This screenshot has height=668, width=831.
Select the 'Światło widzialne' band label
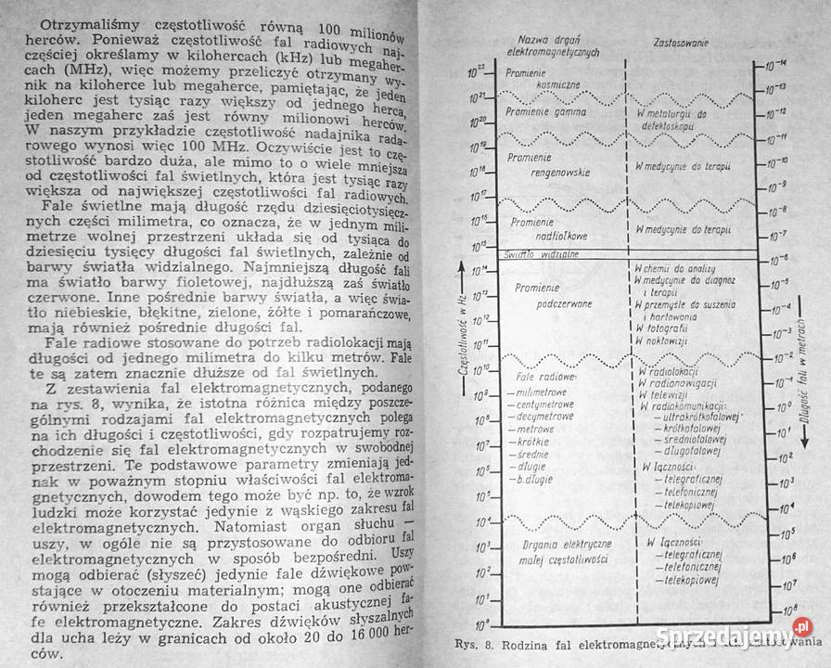click(x=542, y=253)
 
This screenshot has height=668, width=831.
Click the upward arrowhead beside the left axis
click(x=461, y=267)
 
